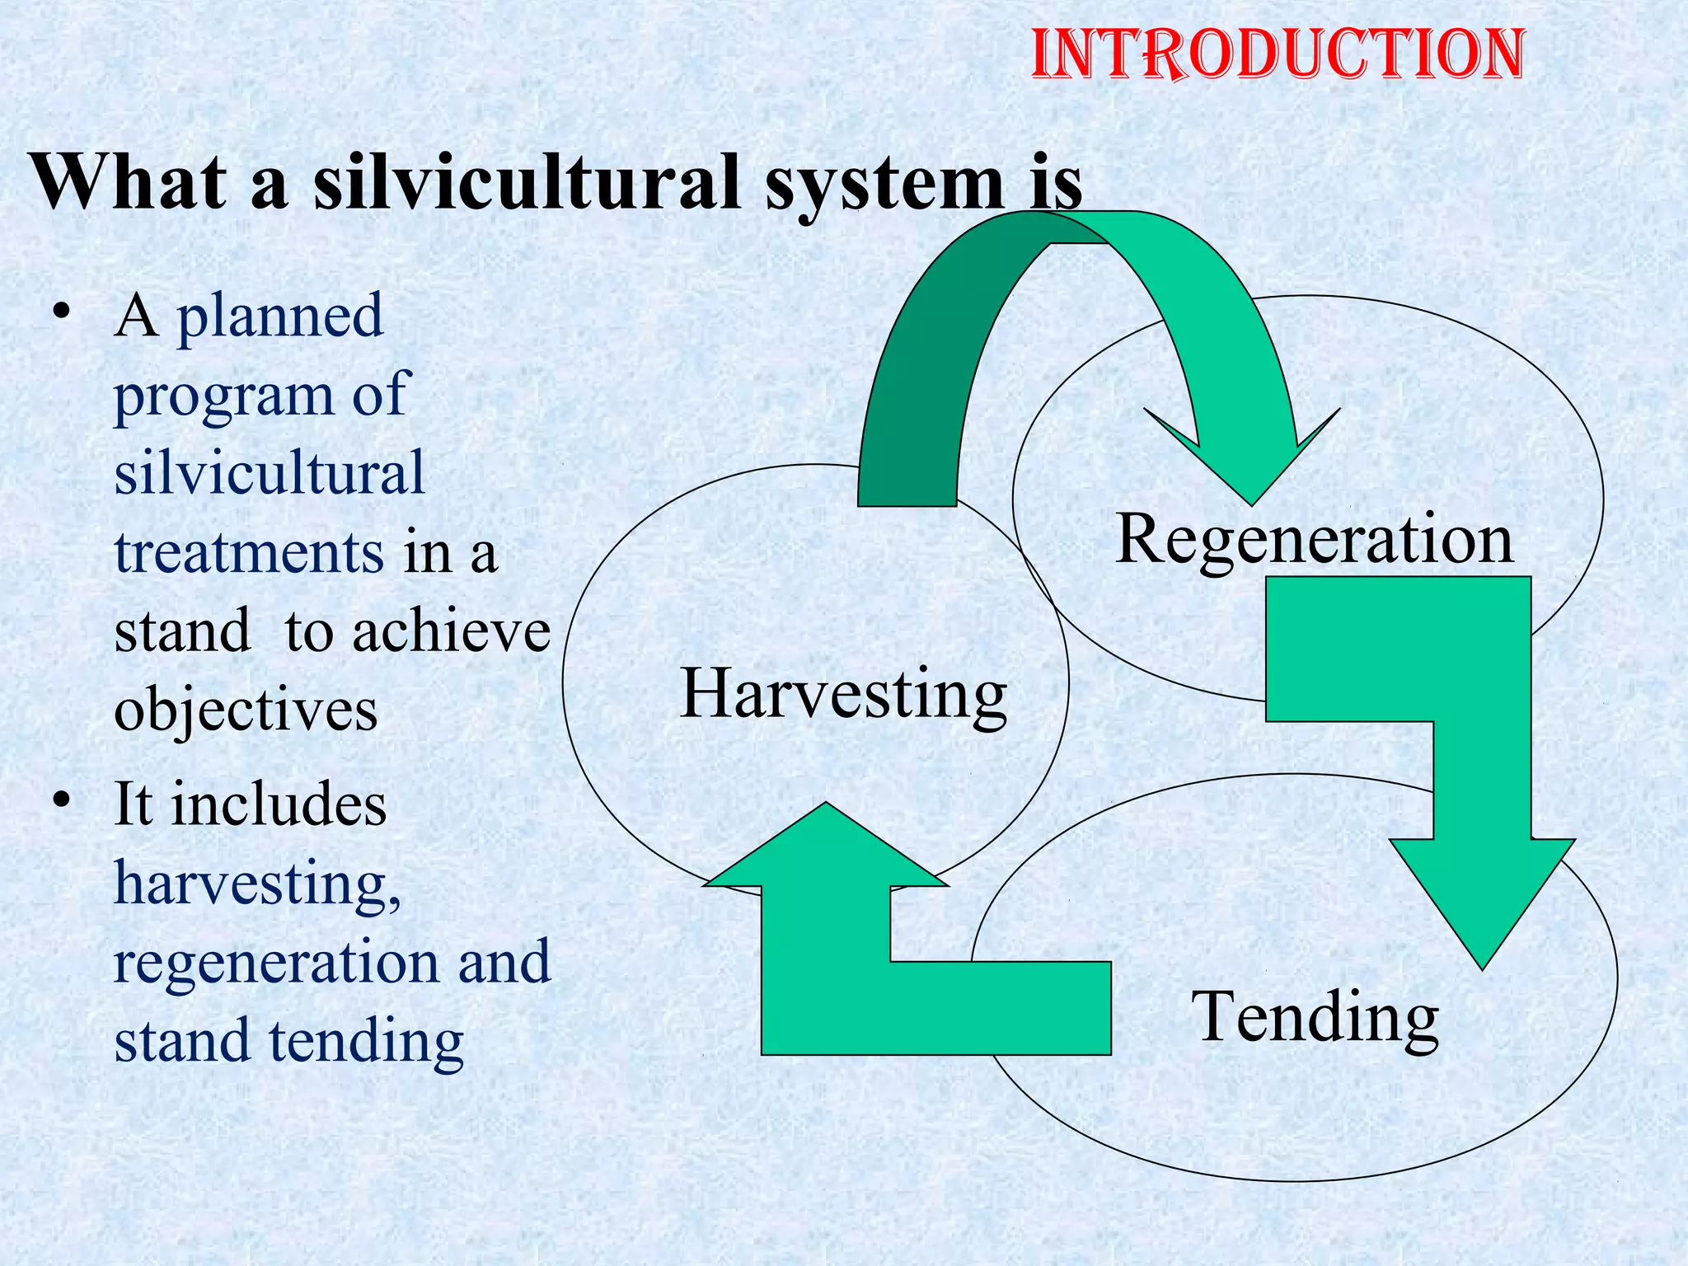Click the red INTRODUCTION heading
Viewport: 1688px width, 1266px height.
1278,54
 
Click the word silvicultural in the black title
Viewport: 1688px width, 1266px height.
527,183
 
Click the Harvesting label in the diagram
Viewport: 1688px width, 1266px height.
843,695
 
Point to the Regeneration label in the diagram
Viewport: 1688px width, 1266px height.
1315,540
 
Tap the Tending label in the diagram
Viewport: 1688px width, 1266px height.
1315,1018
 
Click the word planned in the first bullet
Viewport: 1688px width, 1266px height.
280,316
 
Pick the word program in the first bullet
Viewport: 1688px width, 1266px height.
223,396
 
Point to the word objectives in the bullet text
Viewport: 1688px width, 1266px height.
246,710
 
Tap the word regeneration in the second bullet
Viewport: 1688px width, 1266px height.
276,963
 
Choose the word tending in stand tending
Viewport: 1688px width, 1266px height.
367,1040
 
